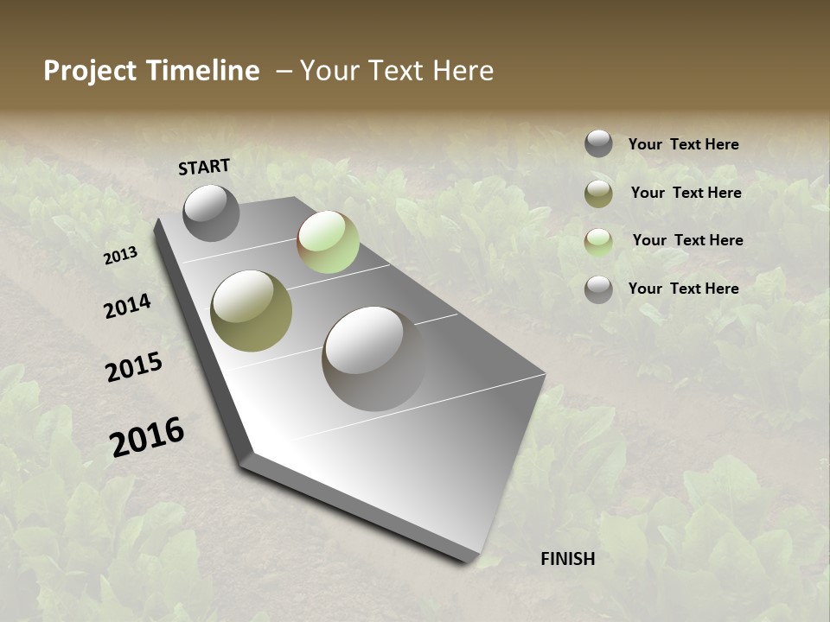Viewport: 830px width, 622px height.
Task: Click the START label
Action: pyautogui.click(x=204, y=166)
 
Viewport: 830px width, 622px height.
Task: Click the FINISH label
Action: pyautogui.click(x=567, y=559)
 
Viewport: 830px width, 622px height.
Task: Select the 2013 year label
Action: pyautogui.click(x=120, y=256)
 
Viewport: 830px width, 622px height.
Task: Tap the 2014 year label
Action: pyautogui.click(x=127, y=306)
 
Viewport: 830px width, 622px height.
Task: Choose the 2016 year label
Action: pyautogui.click(x=147, y=437)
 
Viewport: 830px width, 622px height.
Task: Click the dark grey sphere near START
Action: pyautogui.click(x=211, y=213)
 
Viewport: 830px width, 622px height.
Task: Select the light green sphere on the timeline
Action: pyautogui.click(x=328, y=242)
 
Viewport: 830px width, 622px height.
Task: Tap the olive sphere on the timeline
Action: pyautogui.click(x=251, y=310)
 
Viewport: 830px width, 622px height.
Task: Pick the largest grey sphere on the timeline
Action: pyautogui.click(x=373, y=358)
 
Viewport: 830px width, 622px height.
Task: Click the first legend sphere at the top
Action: pyautogui.click(x=598, y=143)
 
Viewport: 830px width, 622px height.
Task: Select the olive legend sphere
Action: pyautogui.click(x=598, y=194)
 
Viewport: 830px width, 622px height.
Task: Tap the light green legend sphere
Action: pyautogui.click(x=598, y=242)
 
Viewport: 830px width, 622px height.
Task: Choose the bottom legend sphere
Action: pyautogui.click(x=598, y=289)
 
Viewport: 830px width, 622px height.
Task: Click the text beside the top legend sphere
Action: pyautogui.click(x=683, y=144)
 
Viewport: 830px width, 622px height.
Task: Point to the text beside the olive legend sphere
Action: pyautogui.click(x=686, y=193)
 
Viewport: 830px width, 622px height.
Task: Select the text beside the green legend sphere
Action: pyautogui.click(x=687, y=240)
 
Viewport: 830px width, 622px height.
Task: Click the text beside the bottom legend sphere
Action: pyautogui.click(x=683, y=289)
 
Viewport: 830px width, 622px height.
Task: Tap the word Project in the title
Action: pyautogui.click(x=89, y=71)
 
